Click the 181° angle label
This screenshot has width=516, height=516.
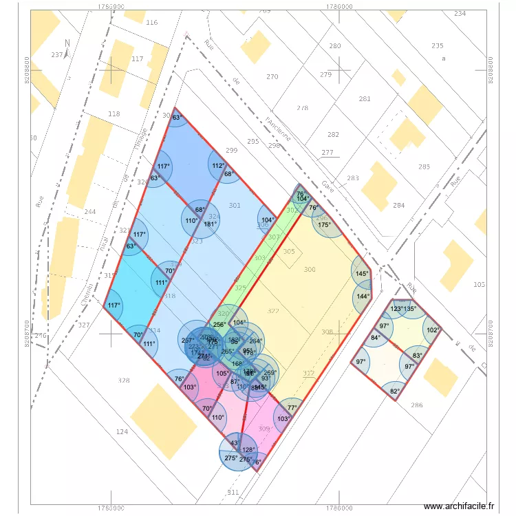pos(211,224)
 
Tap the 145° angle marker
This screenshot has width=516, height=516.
pos(362,273)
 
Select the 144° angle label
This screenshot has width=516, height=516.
pos(363,297)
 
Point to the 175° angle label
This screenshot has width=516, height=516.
pos(324,224)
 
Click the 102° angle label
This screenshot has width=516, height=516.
pos(432,330)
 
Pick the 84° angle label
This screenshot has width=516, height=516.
pos(375,338)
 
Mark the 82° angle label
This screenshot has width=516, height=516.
pos(394,392)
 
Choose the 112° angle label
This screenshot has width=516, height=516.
pos(217,166)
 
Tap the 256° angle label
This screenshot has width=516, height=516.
pos(219,325)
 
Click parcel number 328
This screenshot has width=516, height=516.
pos(124,380)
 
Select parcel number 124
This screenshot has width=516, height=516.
pos(122,431)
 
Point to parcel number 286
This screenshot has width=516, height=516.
pos(417,405)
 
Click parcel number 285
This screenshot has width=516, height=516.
pos(424,166)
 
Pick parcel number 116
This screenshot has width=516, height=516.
pos(151,23)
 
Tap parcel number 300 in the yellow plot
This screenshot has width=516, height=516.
pos(310,270)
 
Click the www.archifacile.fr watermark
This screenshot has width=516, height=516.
pos(459,506)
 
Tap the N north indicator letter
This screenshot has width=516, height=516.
pos(67,43)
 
